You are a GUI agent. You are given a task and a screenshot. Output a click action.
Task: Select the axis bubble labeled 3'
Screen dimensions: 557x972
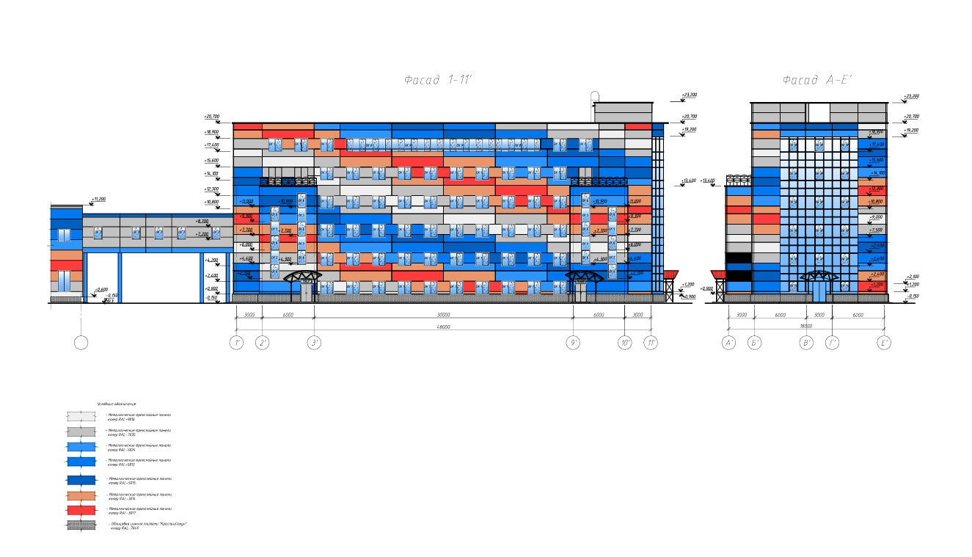(315, 343)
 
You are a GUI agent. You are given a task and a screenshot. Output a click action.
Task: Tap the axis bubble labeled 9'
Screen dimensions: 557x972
(574, 343)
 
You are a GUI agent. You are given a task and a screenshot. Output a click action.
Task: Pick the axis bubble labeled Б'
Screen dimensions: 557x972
(755, 343)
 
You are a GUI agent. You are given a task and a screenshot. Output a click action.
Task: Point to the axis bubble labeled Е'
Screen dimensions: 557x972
(885, 343)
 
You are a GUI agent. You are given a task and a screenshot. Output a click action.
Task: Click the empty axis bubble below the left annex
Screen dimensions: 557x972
(81, 343)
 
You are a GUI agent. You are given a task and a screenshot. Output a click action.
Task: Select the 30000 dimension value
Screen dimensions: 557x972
(444, 315)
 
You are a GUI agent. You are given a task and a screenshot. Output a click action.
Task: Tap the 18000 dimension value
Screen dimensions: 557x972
(805, 324)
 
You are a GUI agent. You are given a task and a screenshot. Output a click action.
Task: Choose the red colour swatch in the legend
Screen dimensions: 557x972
(81, 509)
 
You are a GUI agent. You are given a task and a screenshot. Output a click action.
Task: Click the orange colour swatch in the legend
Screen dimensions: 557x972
(81, 495)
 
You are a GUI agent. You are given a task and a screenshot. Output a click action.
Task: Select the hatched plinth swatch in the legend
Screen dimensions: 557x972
(81, 525)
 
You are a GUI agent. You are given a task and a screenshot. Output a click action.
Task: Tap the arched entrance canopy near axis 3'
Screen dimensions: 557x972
(302, 277)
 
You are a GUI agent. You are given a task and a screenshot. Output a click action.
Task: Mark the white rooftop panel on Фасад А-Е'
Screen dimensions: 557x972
(819, 112)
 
